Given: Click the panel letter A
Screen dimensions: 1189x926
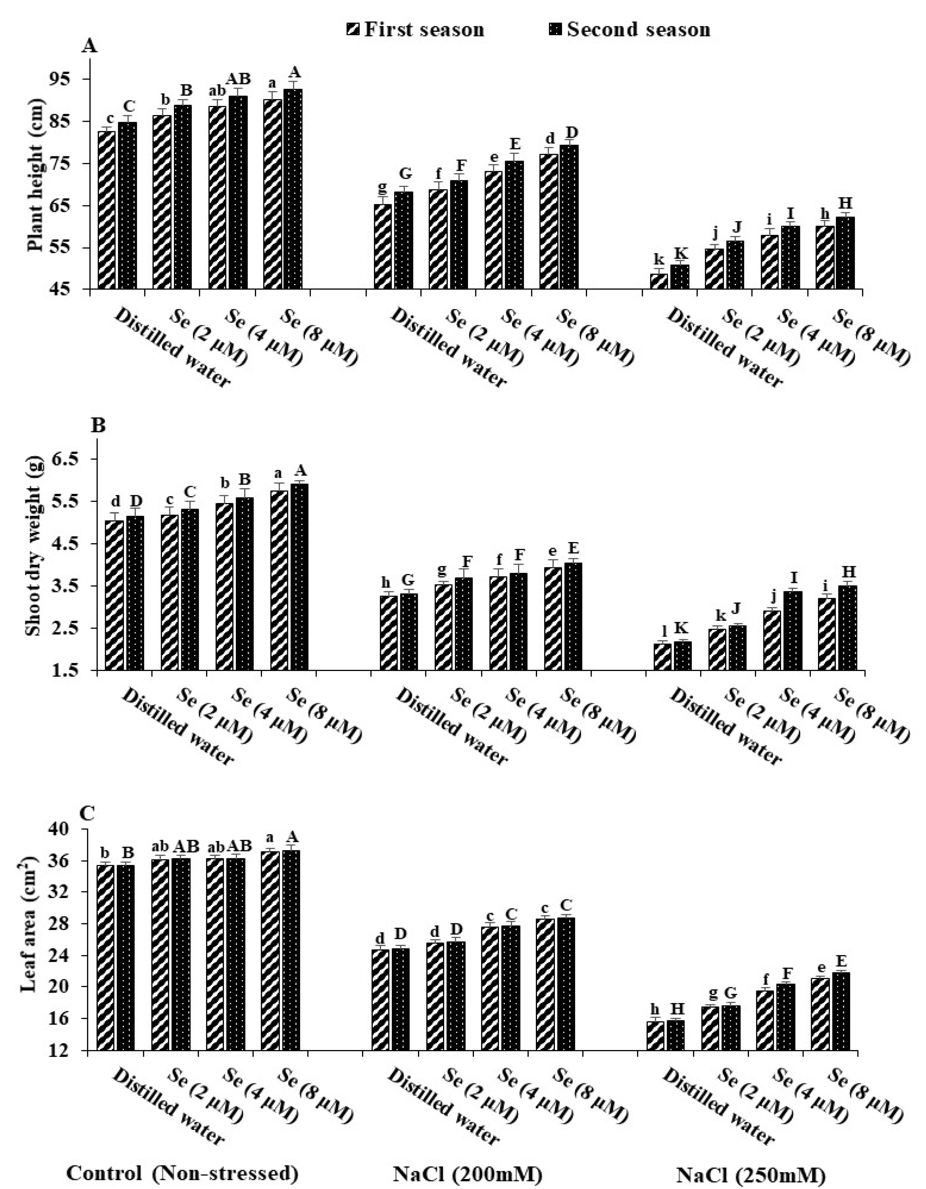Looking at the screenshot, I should point(89,46).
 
